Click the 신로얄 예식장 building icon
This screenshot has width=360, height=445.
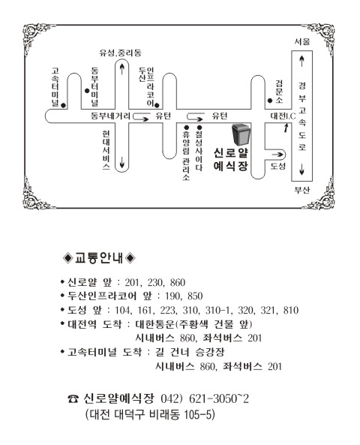click(x=241, y=134)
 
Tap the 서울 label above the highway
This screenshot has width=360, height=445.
click(x=301, y=42)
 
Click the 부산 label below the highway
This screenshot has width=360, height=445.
click(x=301, y=190)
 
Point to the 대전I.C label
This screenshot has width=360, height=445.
click(x=283, y=116)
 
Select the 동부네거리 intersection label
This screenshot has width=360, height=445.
click(x=111, y=116)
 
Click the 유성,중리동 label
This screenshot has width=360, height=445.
click(x=120, y=53)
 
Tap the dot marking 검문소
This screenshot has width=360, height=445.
click(x=270, y=101)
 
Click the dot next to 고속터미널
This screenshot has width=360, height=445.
click(x=63, y=105)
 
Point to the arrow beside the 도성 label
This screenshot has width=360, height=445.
click(x=277, y=155)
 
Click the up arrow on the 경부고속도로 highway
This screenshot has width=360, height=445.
click(x=301, y=61)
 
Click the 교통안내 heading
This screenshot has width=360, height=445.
click(x=99, y=258)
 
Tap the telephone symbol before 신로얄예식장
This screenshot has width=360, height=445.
click(x=73, y=399)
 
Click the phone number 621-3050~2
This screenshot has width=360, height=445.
click(x=219, y=398)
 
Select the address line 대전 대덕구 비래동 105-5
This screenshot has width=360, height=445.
click(x=150, y=415)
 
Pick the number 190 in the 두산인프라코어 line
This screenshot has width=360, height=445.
click(x=173, y=296)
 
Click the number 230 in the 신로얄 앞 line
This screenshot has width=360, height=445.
click(x=155, y=282)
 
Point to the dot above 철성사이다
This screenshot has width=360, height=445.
click(x=199, y=128)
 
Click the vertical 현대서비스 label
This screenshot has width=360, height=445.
click(x=106, y=150)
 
